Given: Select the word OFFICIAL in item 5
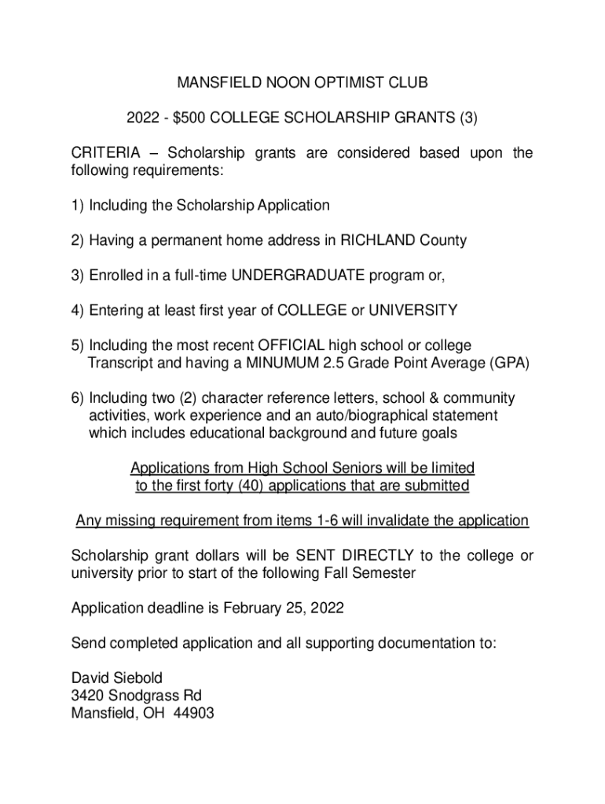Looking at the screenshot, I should tap(281, 345).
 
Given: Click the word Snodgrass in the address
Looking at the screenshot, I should tap(143, 696).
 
